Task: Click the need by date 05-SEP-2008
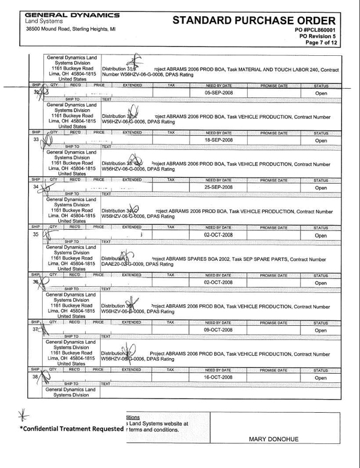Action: point(222,94)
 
